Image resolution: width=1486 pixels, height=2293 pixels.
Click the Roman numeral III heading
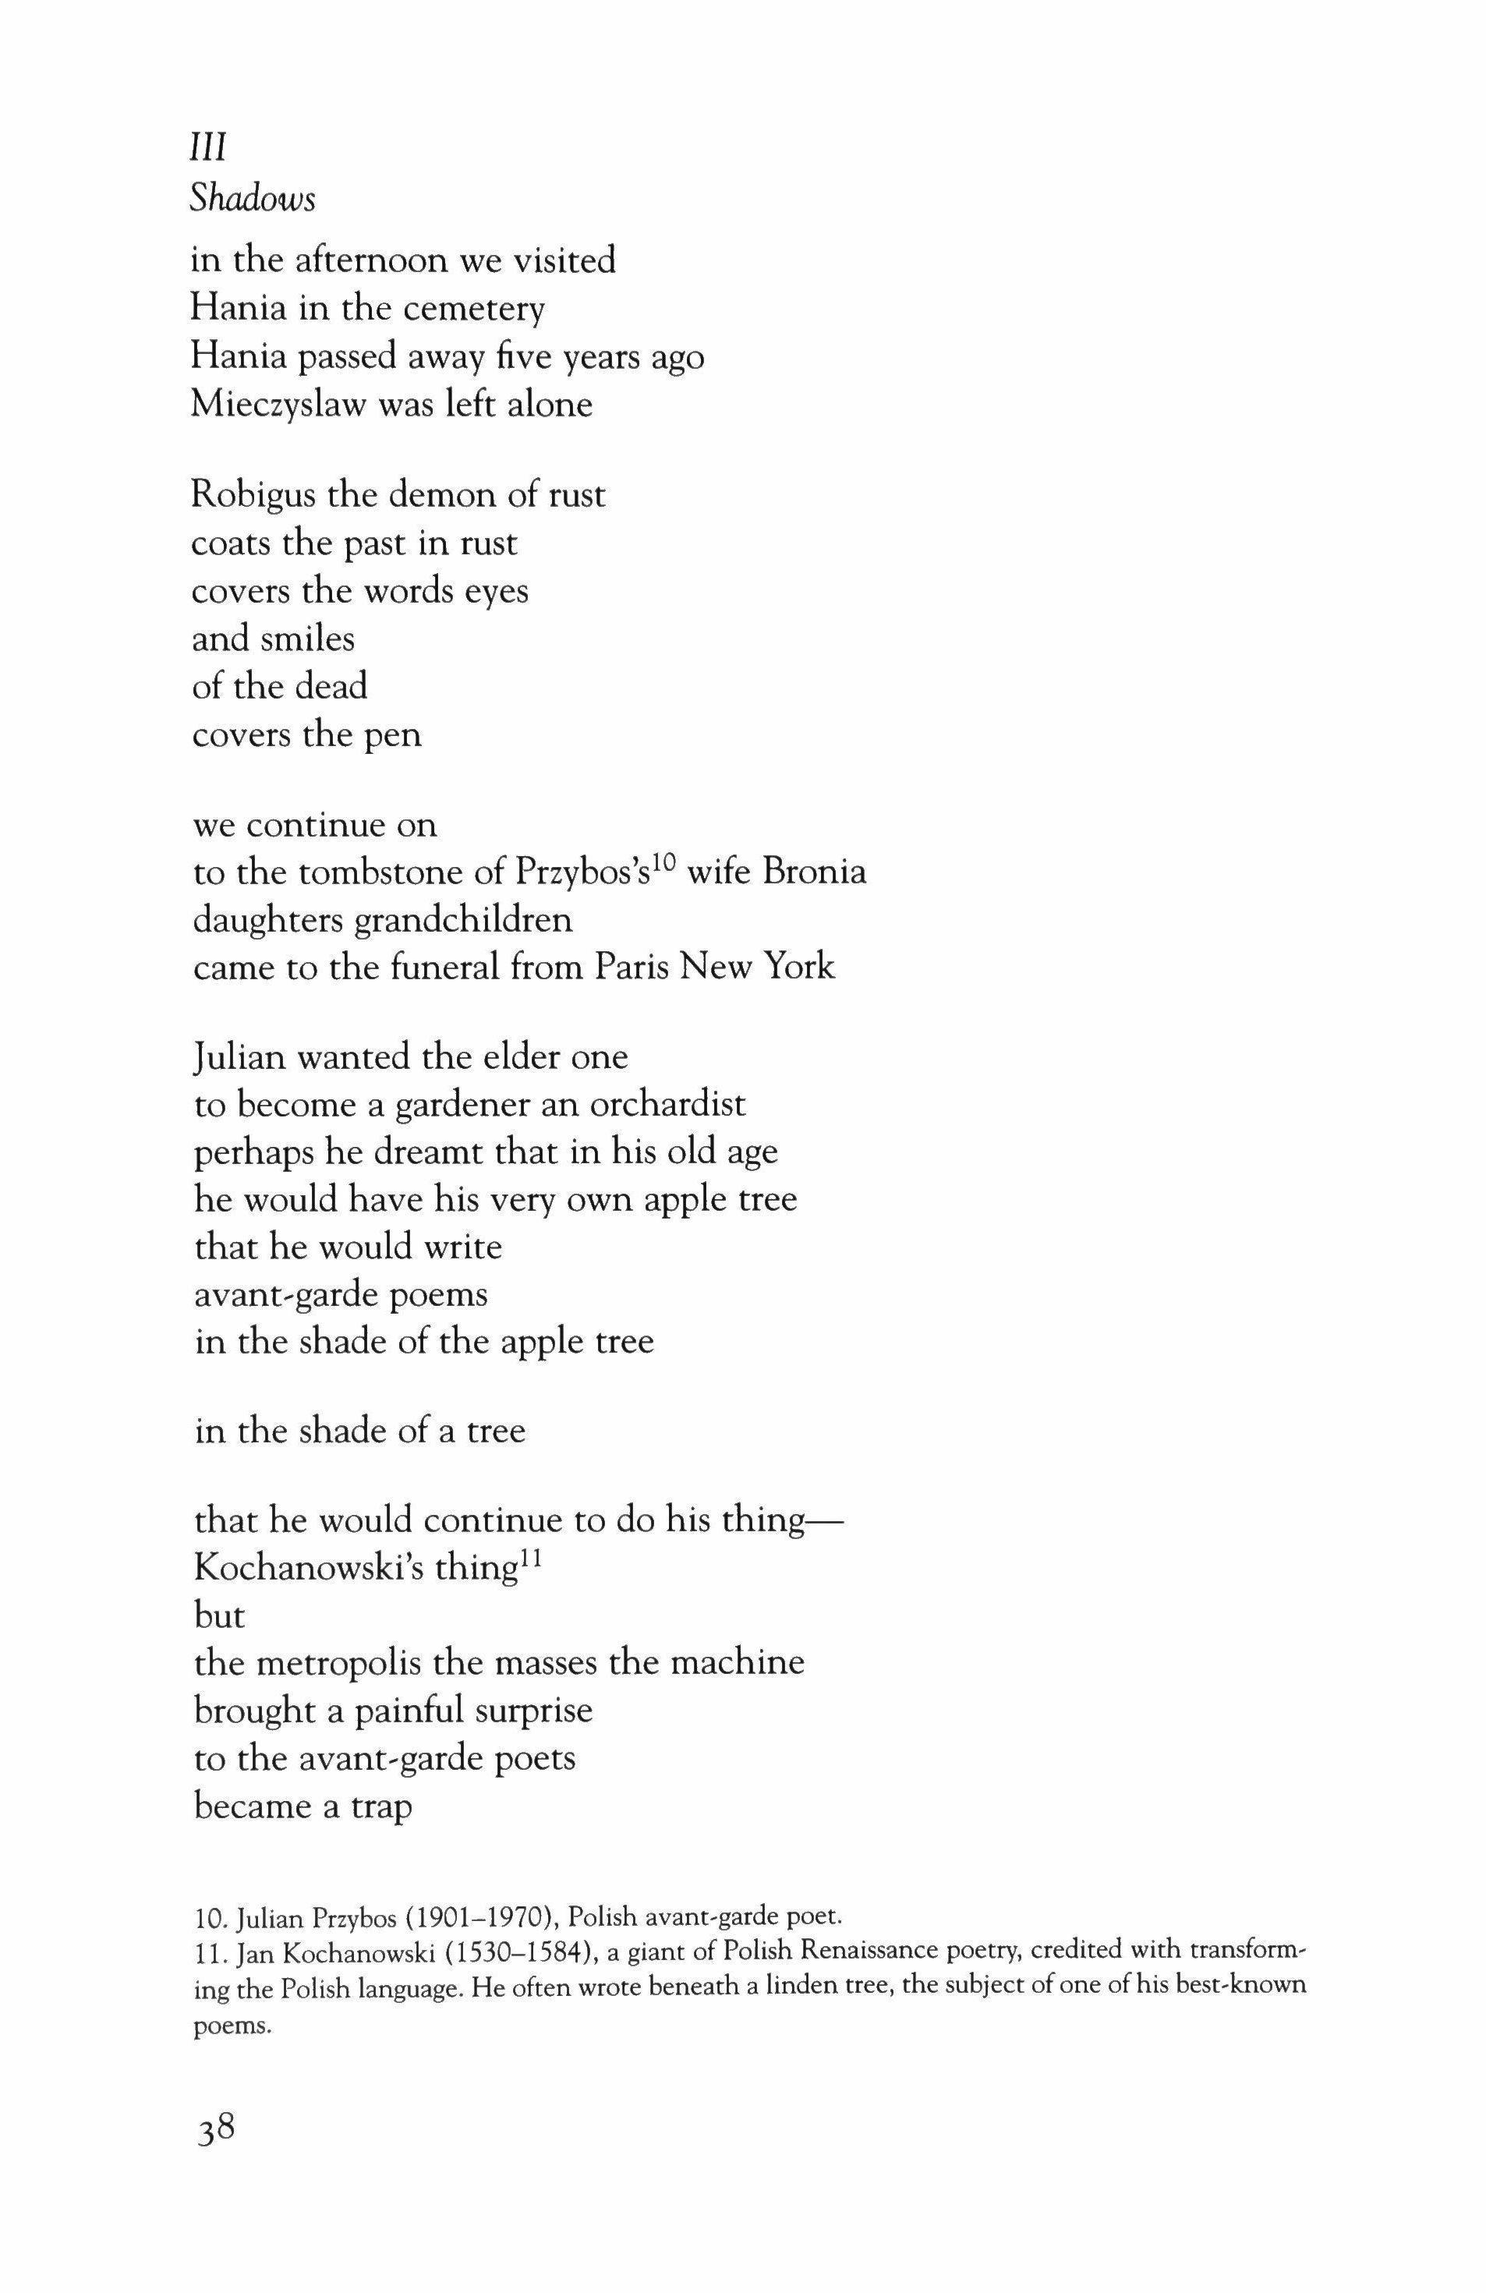point(207,150)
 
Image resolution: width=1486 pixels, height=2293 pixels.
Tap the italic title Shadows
point(253,199)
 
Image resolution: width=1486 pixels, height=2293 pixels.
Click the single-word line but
point(219,1615)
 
